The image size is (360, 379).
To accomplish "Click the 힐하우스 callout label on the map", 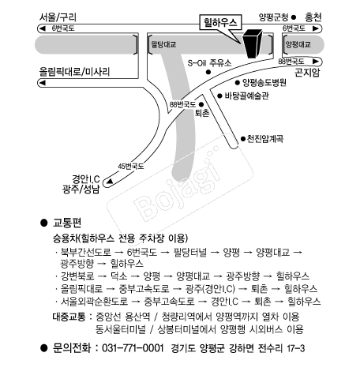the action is [x=220, y=23].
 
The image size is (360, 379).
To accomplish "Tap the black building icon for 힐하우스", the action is [x=252, y=43].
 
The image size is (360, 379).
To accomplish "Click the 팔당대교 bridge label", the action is [x=163, y=44].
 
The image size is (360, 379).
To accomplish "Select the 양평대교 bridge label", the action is [x=298, y=44].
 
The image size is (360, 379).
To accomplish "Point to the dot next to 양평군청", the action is [x=294, y=17].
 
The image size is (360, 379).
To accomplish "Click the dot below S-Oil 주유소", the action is [x=208, y=72].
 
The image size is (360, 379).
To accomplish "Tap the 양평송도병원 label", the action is [x=264, y=83].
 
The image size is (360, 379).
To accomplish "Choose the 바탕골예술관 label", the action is [x=246, y=96].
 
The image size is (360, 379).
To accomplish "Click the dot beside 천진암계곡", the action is [x=243, y=139].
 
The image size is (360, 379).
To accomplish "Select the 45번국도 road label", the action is [x=131, y=167].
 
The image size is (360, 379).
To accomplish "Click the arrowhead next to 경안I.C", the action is [x=110, y=182].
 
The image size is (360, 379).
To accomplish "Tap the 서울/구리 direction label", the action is [x=58, y=17].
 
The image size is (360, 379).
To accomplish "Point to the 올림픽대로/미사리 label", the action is [x=74, y=72].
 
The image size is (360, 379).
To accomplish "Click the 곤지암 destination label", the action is [x=307, y=72].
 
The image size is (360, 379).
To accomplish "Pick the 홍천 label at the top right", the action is [x=313, y=17].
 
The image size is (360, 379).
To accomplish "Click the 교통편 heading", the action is [x=67, y=223].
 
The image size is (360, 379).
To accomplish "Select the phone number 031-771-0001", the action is [x=133, y=348].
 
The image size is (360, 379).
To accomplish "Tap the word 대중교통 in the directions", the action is [x=69, y=317].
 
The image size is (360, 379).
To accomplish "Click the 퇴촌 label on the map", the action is [x=202, y=113].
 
